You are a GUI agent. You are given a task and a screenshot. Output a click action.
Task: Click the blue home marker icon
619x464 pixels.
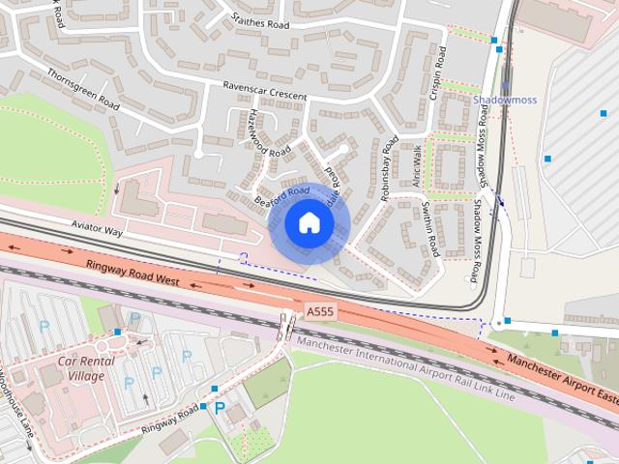coord(309,222)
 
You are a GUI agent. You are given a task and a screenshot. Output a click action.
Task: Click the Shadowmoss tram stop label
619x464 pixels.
coord(504,100)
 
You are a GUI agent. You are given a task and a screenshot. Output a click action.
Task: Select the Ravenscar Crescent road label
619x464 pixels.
coord(265,91)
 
